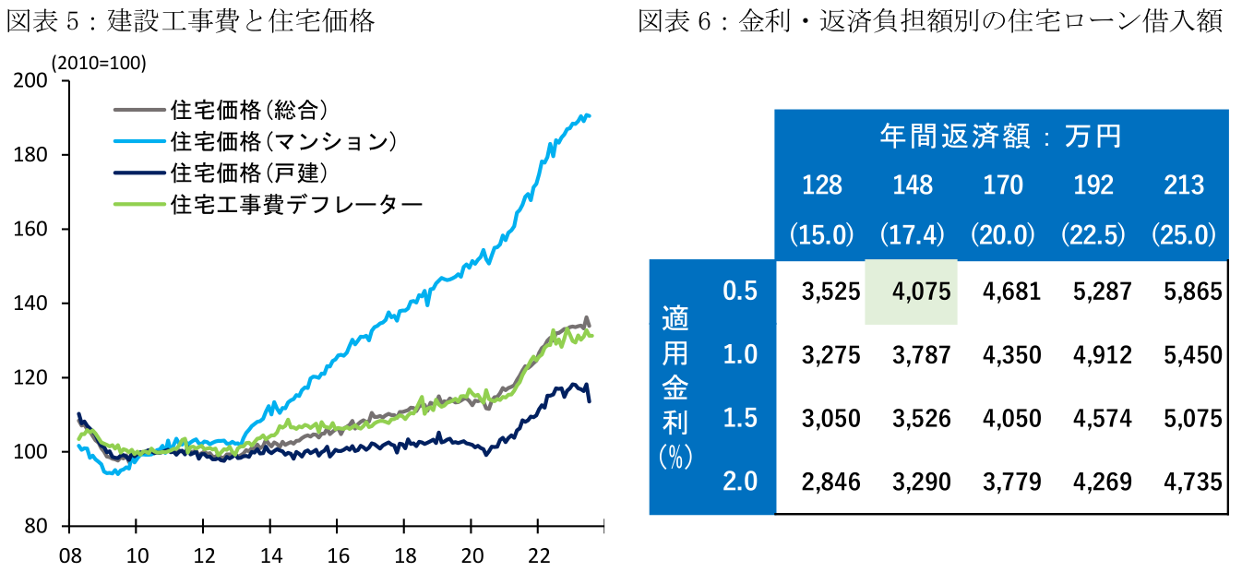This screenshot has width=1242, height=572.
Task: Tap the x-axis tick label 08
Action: point(68,556)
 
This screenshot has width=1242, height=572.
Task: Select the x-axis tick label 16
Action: point(338,556)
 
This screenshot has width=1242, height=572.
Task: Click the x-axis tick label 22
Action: point(539,556)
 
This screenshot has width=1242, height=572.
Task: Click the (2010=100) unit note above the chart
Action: point(99,62)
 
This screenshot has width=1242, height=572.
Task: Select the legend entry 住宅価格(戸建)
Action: point(250,173)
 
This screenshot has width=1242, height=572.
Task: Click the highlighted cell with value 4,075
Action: point(912,292)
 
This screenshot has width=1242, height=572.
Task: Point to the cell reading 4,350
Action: point(1003,355)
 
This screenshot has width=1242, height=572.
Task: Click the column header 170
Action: point(1003,185)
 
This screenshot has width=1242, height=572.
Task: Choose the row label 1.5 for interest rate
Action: point(740,418)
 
